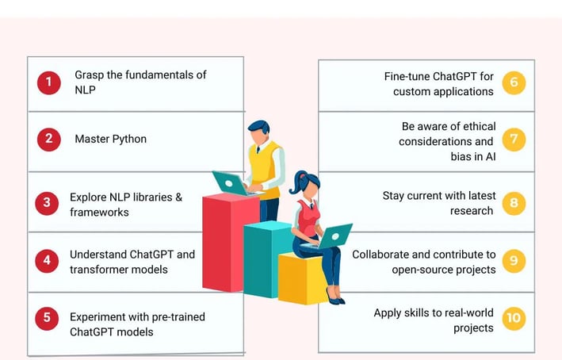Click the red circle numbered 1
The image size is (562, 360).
click(48, 82)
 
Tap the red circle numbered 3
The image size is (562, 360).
click(47, 203)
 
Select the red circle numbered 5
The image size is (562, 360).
click(47, 319)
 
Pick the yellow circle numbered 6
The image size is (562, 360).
click(514, 82)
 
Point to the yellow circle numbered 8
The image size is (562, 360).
click(514, 203)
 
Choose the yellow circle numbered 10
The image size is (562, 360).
click(514, 319)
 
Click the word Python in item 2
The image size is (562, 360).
click(128, 140)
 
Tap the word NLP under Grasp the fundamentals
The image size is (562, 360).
click(85, 90)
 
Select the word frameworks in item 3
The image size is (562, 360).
click(99, 213)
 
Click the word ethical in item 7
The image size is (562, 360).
click(480, 126)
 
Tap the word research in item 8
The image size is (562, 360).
click(472, 211)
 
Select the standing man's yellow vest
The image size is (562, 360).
click(265, 169)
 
